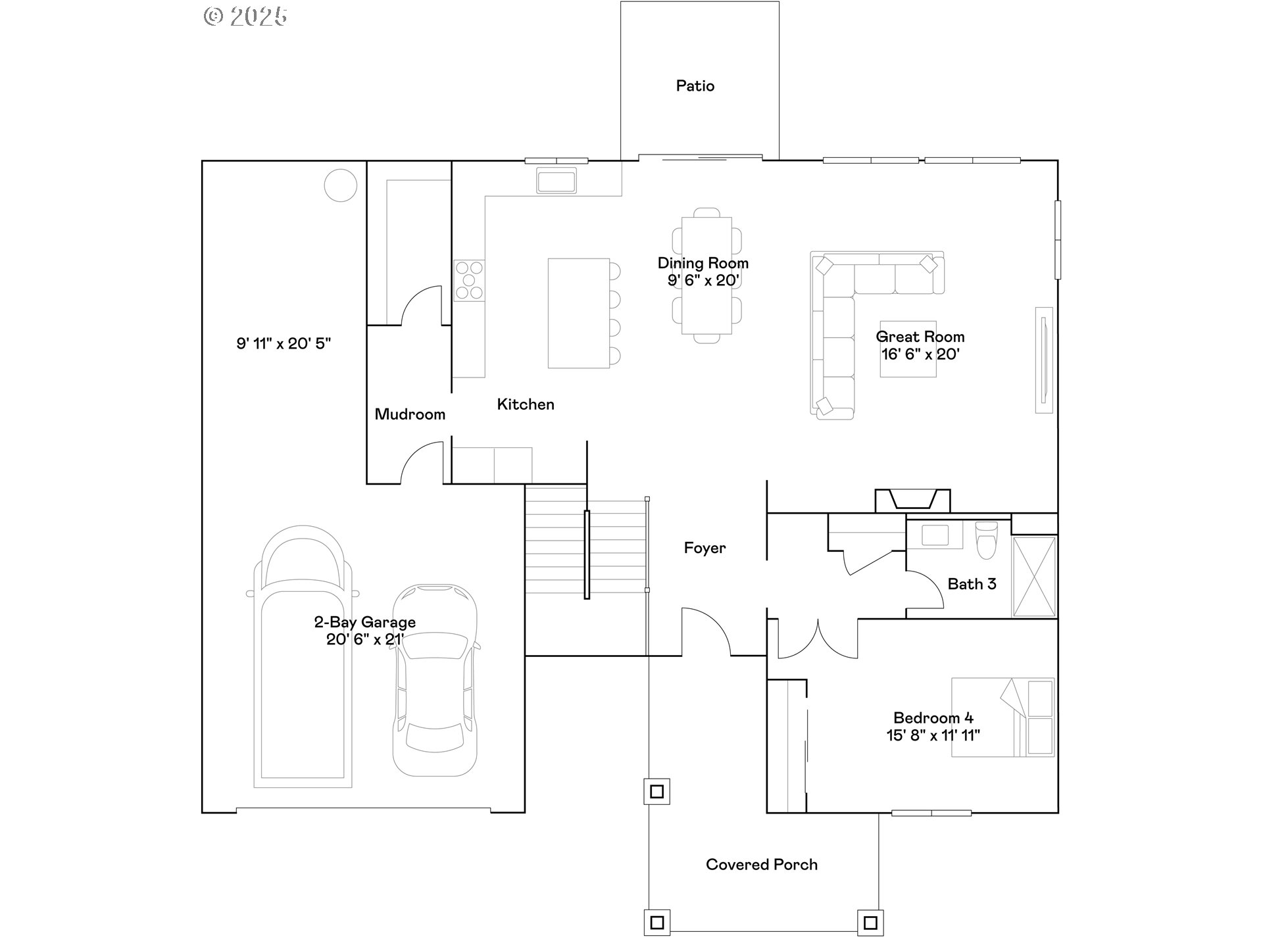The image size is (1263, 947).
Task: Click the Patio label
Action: pos(695,85)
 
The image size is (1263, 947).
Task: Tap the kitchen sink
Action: pos(556,180)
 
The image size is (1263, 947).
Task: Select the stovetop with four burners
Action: pos(469,280)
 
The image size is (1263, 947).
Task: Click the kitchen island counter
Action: pos(579,313)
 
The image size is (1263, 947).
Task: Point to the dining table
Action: pos(707,276)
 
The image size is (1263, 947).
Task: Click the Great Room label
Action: pos(920,337)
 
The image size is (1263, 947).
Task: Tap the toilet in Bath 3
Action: pos(987,540)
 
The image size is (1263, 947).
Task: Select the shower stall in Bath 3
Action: pos(1035,577)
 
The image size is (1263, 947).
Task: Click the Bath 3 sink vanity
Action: pos(935,535)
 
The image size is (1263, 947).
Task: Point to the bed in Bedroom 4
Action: pos(1003,717)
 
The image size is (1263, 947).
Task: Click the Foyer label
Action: pos(705,548)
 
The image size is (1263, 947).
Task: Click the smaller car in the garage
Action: pos(435,680)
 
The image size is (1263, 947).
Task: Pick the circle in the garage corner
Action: pos(341,185)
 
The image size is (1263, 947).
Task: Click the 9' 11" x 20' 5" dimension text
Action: pos(284,343)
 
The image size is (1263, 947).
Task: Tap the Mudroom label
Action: pos(410,414)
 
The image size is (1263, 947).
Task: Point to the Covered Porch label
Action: pos(762,865)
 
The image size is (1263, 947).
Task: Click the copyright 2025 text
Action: pos(245,16)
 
